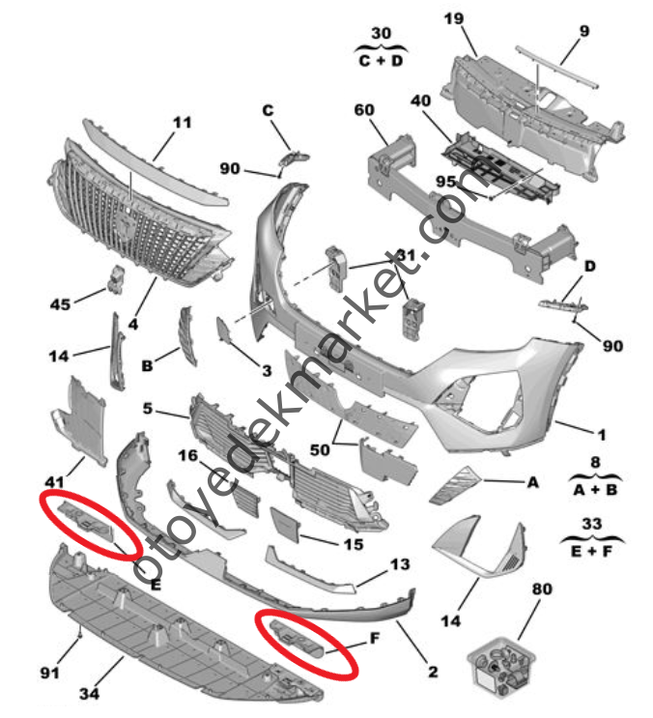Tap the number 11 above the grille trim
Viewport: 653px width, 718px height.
[x=182, y=123]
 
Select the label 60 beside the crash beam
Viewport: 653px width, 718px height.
[x=363, y=111]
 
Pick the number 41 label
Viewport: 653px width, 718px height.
[x=53, y=479]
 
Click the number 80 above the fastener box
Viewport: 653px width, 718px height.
[x=542, y=588]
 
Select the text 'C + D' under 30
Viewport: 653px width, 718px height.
[x=382, y=60]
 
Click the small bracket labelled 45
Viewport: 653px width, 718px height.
[x=117, y=280]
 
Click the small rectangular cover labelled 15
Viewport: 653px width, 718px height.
[x=288, y=527]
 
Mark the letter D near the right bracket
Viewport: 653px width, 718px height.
[x=589, y=266]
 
